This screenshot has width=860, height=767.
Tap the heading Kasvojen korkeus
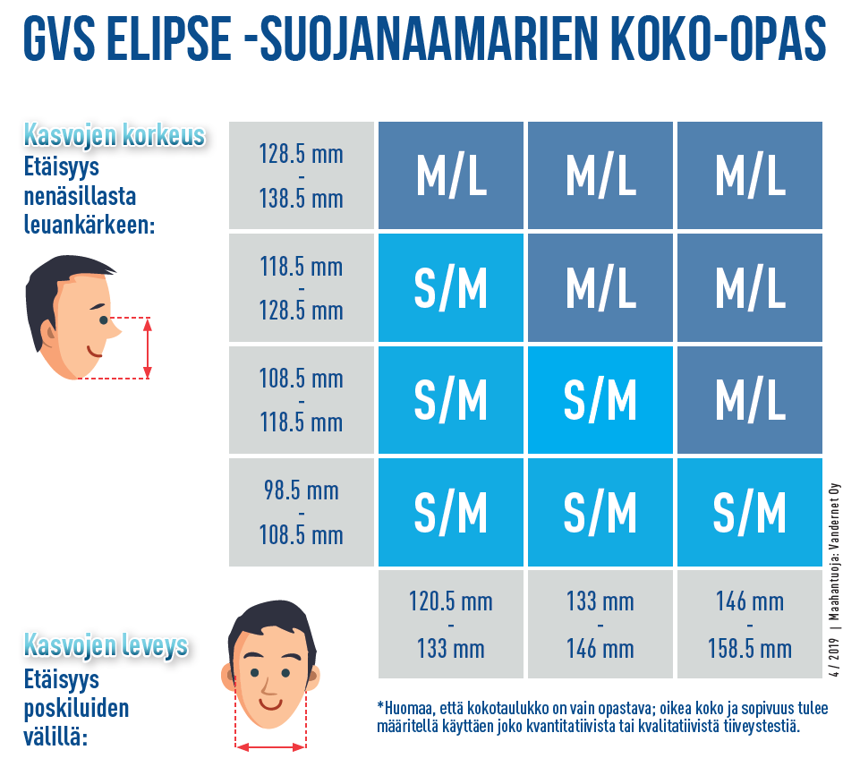(x=115, y=137)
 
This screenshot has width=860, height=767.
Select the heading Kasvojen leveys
(x=106, y=645)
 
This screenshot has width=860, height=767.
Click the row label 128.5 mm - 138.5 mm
(x=301, y=175)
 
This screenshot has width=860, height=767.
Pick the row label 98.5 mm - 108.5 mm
(x=301, y=513)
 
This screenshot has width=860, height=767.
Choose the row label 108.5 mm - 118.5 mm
(x=301, y=400)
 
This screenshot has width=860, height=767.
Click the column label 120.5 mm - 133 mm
(x=450, y=624)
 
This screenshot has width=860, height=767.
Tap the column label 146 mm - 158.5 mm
(x=749, y=624)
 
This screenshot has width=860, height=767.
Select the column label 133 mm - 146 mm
(x=600, y=624)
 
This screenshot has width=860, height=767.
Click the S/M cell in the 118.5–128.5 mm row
(x=450, y=289)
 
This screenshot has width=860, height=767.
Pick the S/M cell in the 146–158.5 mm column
(x=749, y=513)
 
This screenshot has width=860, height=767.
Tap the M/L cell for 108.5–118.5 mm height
(x=749, y=400)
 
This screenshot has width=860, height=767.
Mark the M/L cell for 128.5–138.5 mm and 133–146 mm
(x=600, y=175)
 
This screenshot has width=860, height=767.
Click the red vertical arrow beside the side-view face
(x=148, y=348)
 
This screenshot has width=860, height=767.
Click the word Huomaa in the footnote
(x=411, y=708)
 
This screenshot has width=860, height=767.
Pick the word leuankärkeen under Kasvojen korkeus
(x=89, y=225)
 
